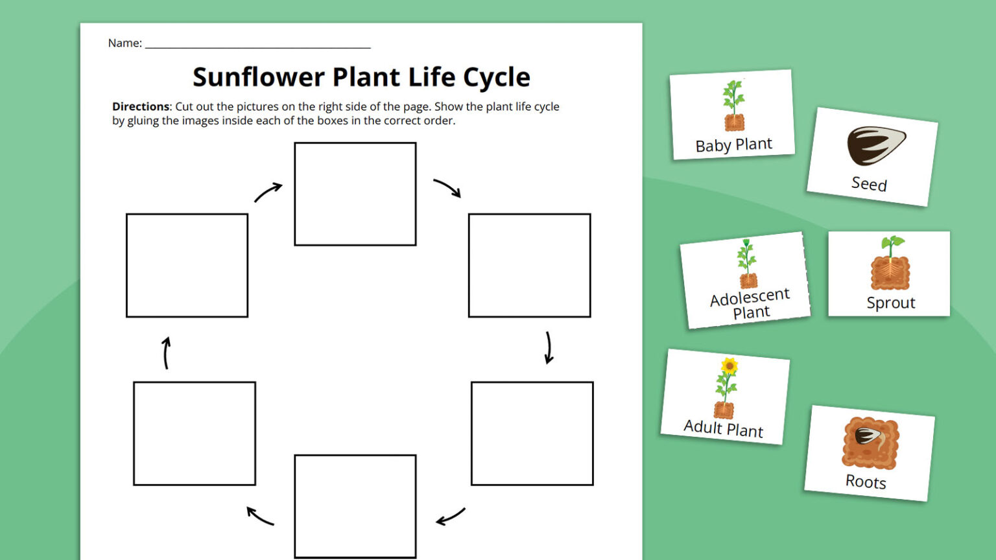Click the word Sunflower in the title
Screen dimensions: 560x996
click(x=258, y=77)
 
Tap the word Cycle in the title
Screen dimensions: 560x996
click(x=496, y=77)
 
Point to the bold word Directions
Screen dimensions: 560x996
click(x=141, y=106)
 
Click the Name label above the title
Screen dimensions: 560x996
click(x=124, y=43)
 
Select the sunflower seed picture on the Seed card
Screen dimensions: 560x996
click(x=875, y=145)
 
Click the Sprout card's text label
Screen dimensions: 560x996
click(x=890, y=303)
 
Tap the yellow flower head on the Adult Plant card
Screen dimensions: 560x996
click(x=729, y=366)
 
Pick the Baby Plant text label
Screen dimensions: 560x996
click(x=733, y=145)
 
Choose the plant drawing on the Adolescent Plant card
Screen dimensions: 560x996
click(x=747, y=263)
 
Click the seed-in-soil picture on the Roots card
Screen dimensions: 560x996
click(x=870, y=442)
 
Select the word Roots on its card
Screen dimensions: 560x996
click(x=866, y=482)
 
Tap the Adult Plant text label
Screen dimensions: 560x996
click(x=723, y=428)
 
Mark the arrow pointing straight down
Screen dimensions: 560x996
click(x=549, y=348)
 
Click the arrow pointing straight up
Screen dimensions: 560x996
click(x=166, y=353)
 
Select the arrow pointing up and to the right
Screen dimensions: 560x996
click(x=268, y=192)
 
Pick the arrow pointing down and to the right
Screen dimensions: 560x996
click(x=447, y=187)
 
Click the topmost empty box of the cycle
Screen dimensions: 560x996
click(x=355, y=194)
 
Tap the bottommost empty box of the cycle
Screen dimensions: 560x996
click(x=355, y=506)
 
